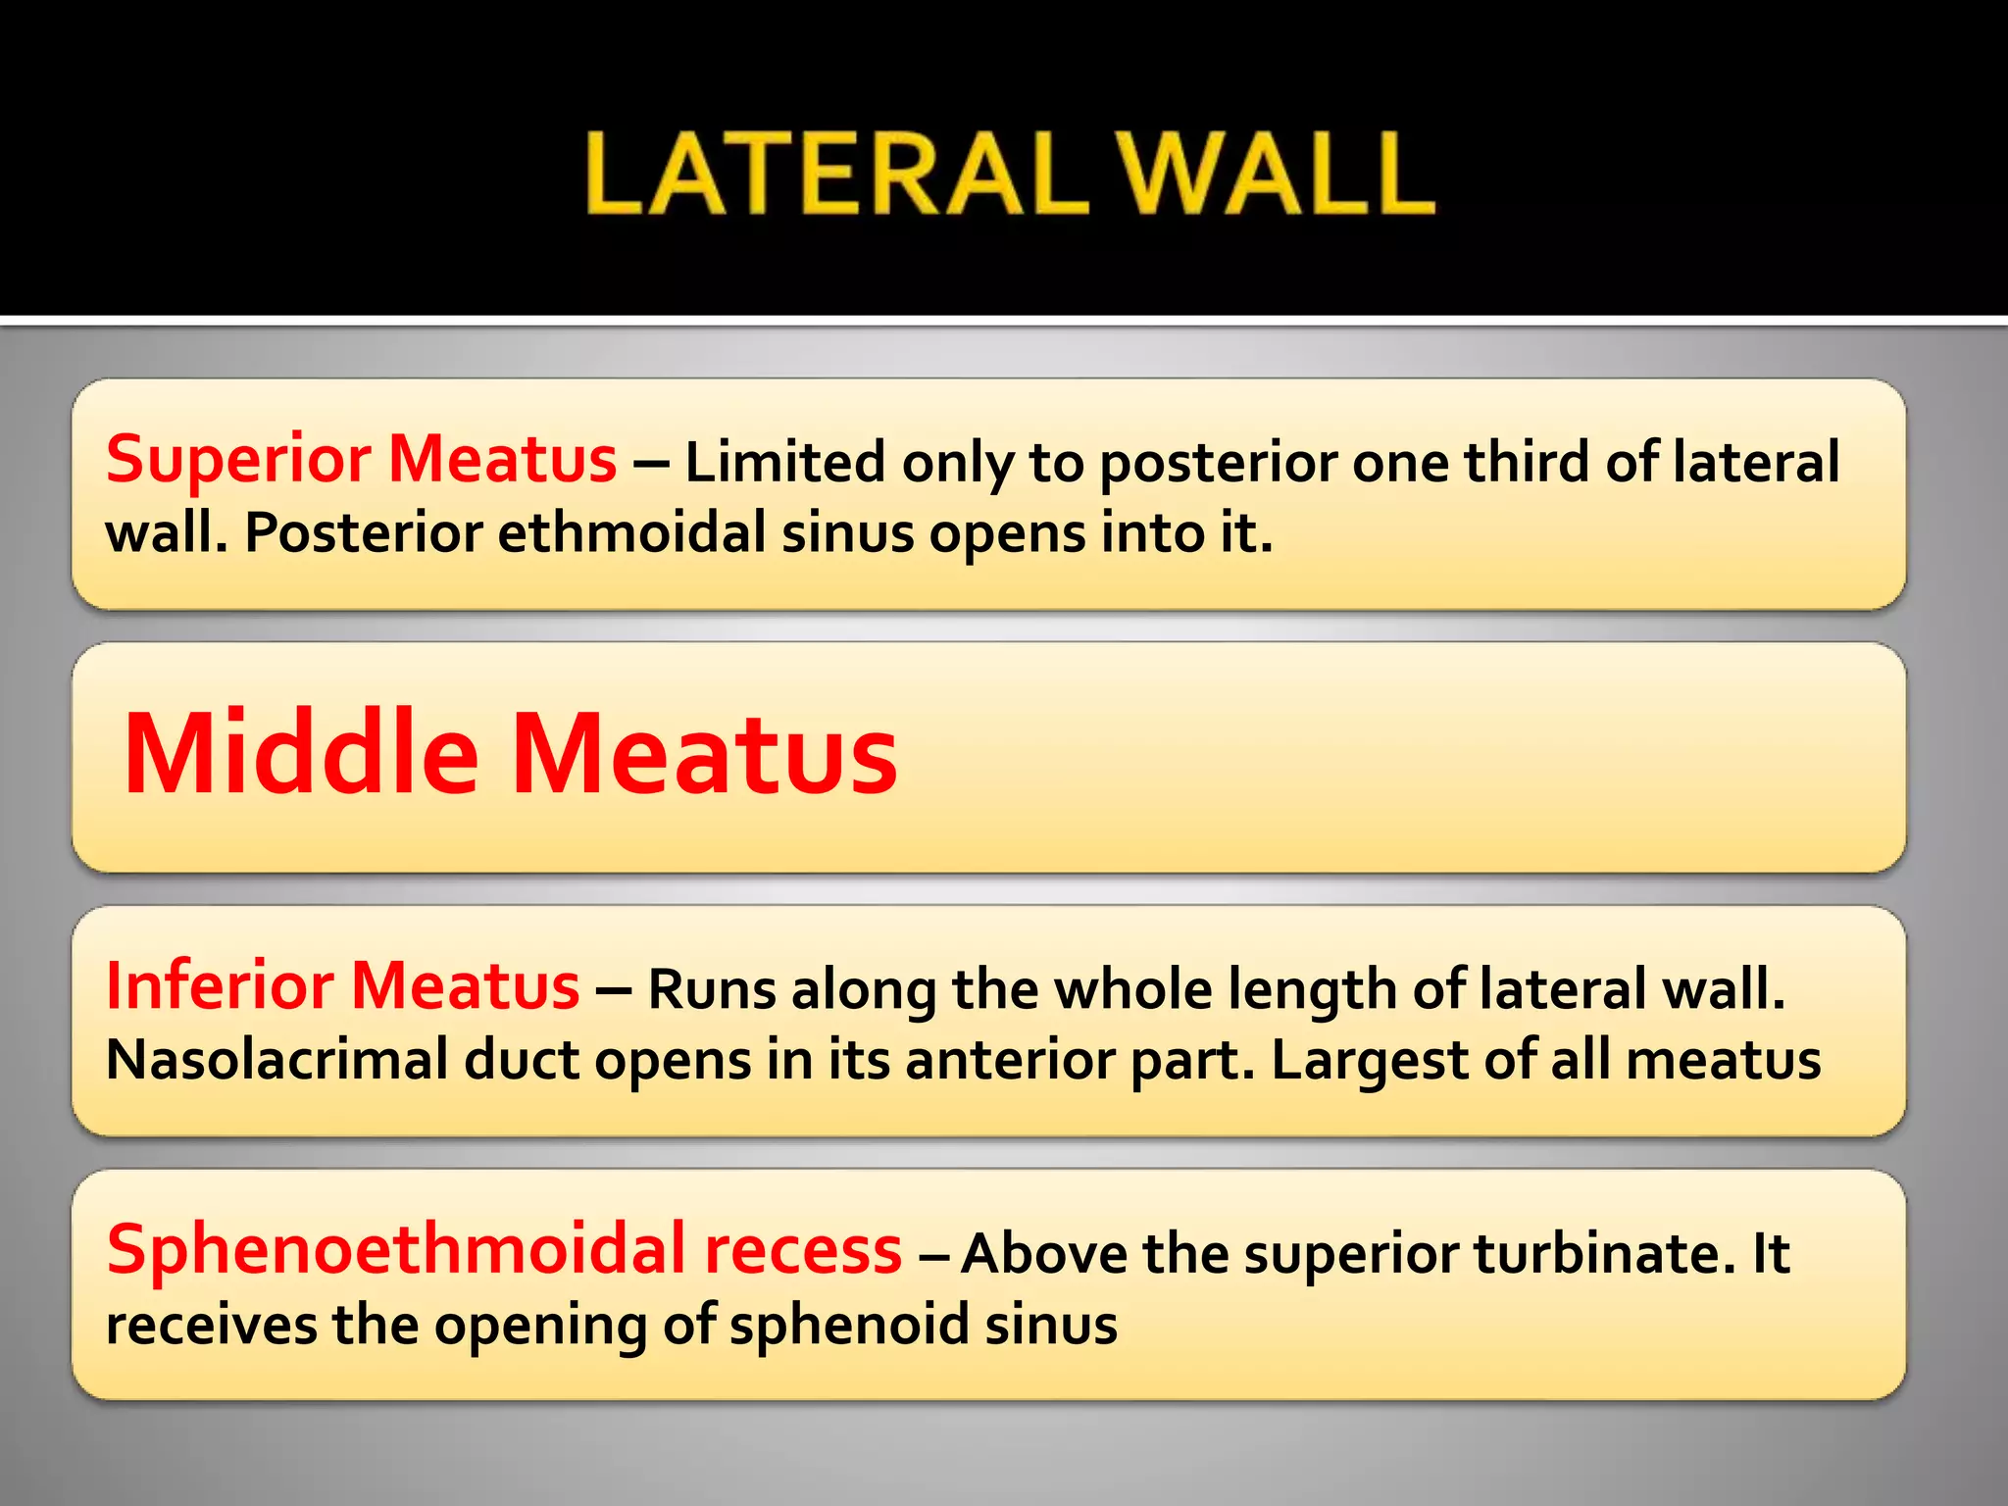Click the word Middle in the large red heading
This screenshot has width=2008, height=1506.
[301, 753]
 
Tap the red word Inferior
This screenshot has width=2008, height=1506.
[218, 986]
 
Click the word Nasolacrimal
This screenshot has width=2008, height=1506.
[276, 1060]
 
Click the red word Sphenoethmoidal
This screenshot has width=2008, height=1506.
[396, 1250]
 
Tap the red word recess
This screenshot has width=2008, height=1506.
[803, 1251]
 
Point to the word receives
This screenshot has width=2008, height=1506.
[211, 1326]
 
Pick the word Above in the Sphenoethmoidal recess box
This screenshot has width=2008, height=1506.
[1043, 1253]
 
